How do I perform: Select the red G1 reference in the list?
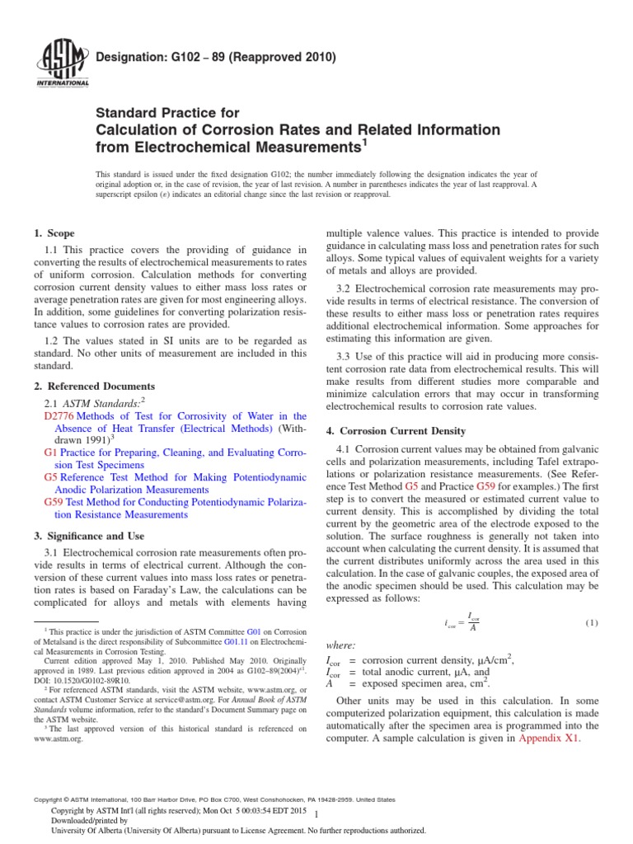[49, 453]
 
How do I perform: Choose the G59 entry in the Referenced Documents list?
[53, 502]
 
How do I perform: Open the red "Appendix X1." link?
[550, 738]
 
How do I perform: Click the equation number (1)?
[592, 622]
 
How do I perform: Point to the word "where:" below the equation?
[341, 644]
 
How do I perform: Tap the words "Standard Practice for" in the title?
[168, 113]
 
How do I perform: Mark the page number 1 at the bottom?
[328, 813]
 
